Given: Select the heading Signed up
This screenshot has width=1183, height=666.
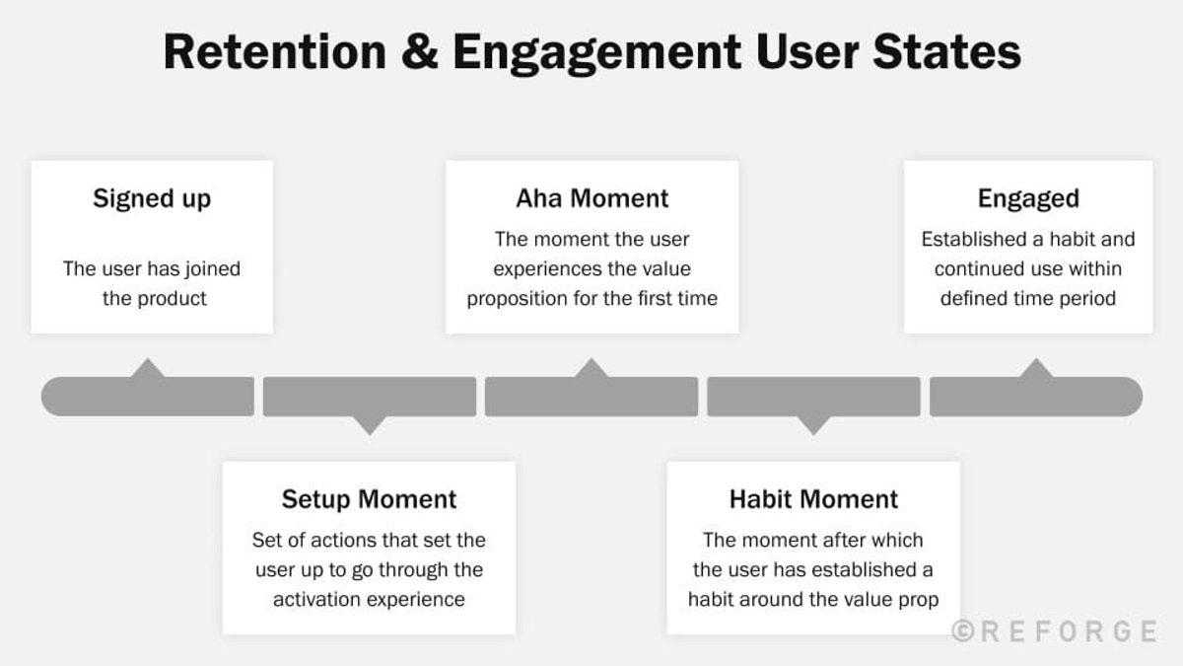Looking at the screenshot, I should (152, 198).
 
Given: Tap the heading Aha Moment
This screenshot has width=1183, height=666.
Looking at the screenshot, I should (591, 198).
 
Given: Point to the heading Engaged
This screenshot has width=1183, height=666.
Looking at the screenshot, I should (1028, 198).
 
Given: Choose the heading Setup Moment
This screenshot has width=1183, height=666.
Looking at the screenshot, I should (369, 499).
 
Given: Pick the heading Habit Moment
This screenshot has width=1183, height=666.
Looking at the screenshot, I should (813, 499).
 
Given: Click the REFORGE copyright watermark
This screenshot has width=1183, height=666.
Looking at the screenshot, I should (1054, 631).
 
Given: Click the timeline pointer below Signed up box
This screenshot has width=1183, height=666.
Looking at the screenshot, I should (148, 369).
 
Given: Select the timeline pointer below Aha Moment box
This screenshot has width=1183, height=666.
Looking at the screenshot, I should (591, 369).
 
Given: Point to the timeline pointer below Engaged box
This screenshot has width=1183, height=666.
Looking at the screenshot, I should (1035, 369).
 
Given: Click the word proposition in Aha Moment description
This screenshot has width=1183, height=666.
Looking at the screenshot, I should (519, 298).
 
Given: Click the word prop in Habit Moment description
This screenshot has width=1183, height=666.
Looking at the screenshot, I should (917, 599).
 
